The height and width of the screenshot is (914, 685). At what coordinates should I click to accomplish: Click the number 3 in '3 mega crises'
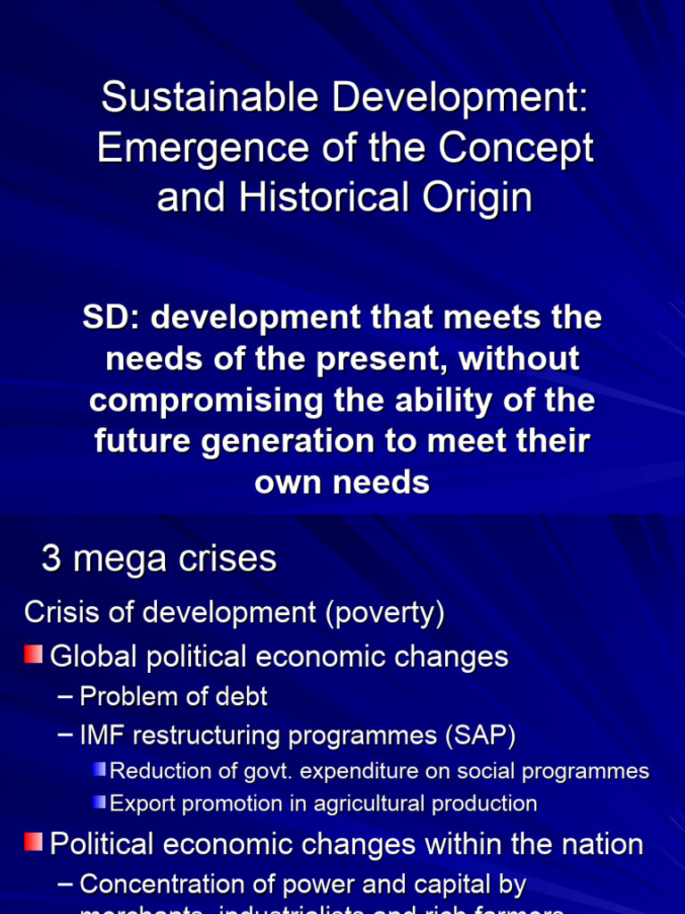pyautogui.click(x=51, y=560)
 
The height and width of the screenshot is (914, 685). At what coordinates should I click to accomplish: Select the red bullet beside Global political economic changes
pyautogui.click(x=34, y=655)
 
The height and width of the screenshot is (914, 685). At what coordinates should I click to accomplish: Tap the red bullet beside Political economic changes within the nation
pyautogui.click(x=34, y=842)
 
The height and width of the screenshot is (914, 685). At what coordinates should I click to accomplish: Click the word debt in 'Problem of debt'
pyautogui.click(x=241, y=696)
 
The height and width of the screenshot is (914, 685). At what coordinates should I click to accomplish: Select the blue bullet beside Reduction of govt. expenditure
pyautogui.click(x=99, y=769)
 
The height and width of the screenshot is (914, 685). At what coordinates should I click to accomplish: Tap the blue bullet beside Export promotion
pyautogui.click(x=99, y=802)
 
